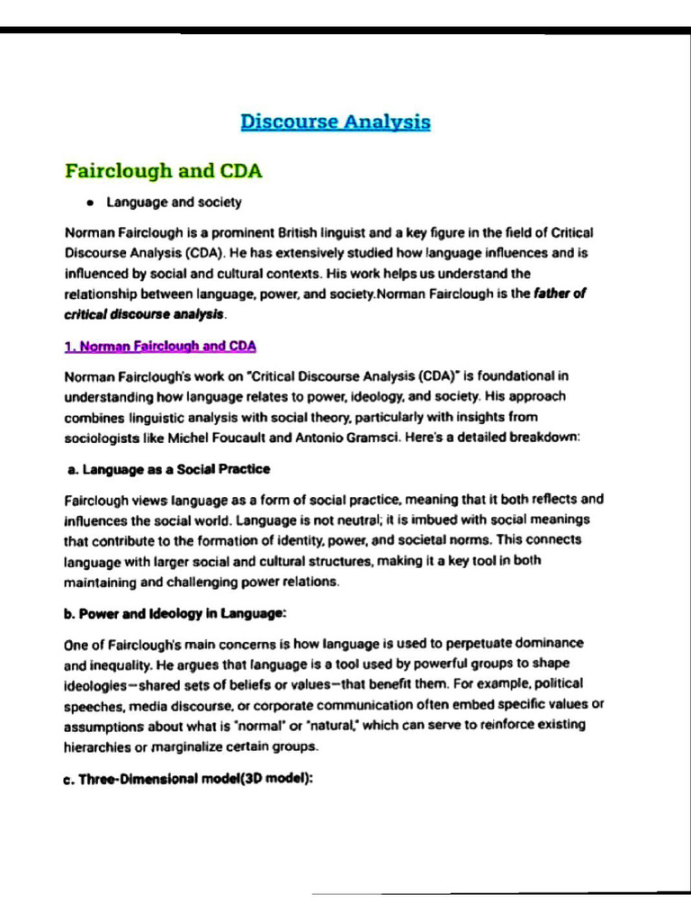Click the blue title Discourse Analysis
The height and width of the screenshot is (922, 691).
(x=336, y=122)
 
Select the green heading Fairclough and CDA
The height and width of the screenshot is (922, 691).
(x=164, y=170)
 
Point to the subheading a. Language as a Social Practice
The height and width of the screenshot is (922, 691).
(x=169, y=469)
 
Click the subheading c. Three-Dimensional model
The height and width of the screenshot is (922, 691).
(x=188, y=780)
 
